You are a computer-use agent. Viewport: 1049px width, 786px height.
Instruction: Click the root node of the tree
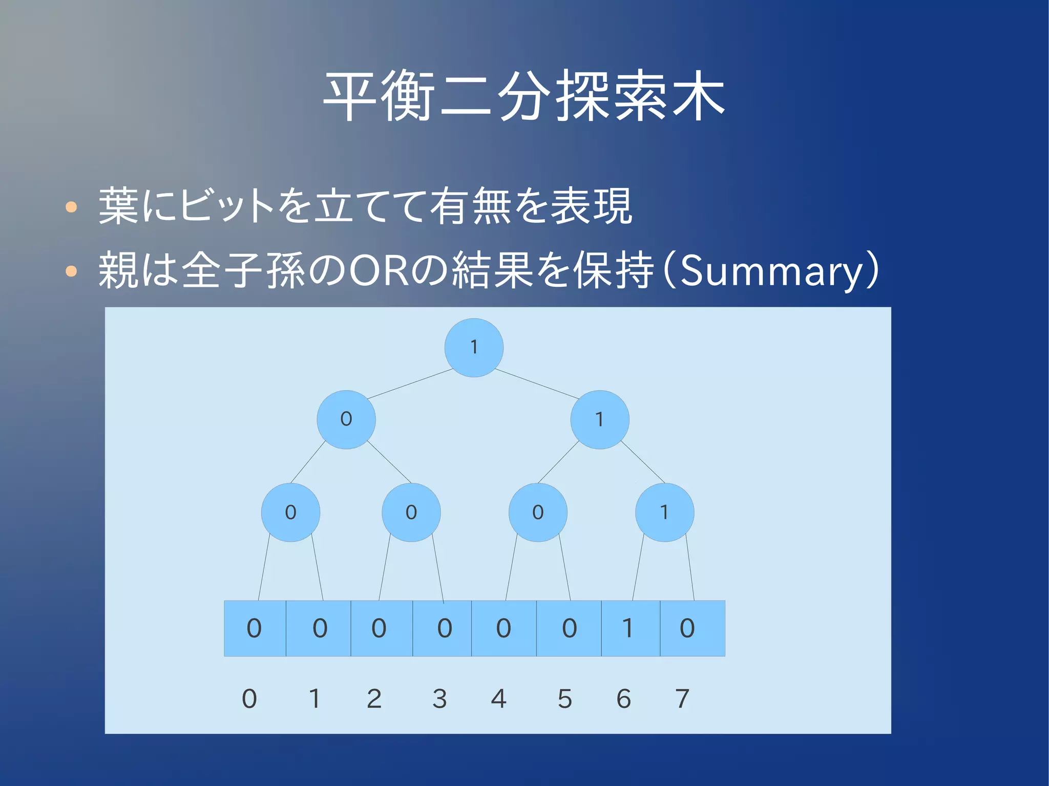click(x=474, y=348)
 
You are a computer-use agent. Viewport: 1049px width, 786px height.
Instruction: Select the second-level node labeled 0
click(x=346, y=419)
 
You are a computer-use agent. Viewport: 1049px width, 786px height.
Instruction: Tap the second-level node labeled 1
click(x=600, y=419)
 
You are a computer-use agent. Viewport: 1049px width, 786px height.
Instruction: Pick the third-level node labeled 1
click(x=664, y=512)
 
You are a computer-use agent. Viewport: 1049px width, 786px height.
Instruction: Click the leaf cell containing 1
click(x=630, y=628)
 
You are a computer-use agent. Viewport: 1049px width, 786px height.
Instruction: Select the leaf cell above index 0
click(x=255, y=628)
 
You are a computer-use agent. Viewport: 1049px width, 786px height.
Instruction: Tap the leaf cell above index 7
click(x=692, y=628)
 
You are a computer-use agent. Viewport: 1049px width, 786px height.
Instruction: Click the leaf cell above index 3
click(x=443, y=628)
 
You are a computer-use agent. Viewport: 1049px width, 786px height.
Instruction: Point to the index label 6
click(x=623, y=699)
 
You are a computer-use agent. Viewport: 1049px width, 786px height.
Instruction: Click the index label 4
click(x=498, y=699)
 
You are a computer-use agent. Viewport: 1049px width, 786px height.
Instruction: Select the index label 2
click(x=374, y=699)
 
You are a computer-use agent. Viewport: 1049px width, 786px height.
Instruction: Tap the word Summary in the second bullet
click(x=771, y=271)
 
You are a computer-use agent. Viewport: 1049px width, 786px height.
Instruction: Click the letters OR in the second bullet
click(x=378, y=270)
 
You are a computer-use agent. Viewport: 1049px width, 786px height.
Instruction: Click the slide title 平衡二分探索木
click(x=524, y=96)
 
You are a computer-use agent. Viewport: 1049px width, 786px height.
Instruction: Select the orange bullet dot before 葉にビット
click(x=71, y=207)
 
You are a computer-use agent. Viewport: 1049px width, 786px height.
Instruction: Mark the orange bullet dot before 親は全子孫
click(x=71, y=271)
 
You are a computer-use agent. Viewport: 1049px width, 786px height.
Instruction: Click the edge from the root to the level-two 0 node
click(x=410, y=384)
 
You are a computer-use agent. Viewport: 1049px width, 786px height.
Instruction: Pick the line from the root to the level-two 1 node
click(x=537, y=384)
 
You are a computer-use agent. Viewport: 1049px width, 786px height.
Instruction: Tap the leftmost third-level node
click(x=290, y=512)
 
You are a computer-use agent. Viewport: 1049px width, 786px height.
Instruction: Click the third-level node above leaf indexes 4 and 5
click(x=537, y=512)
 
